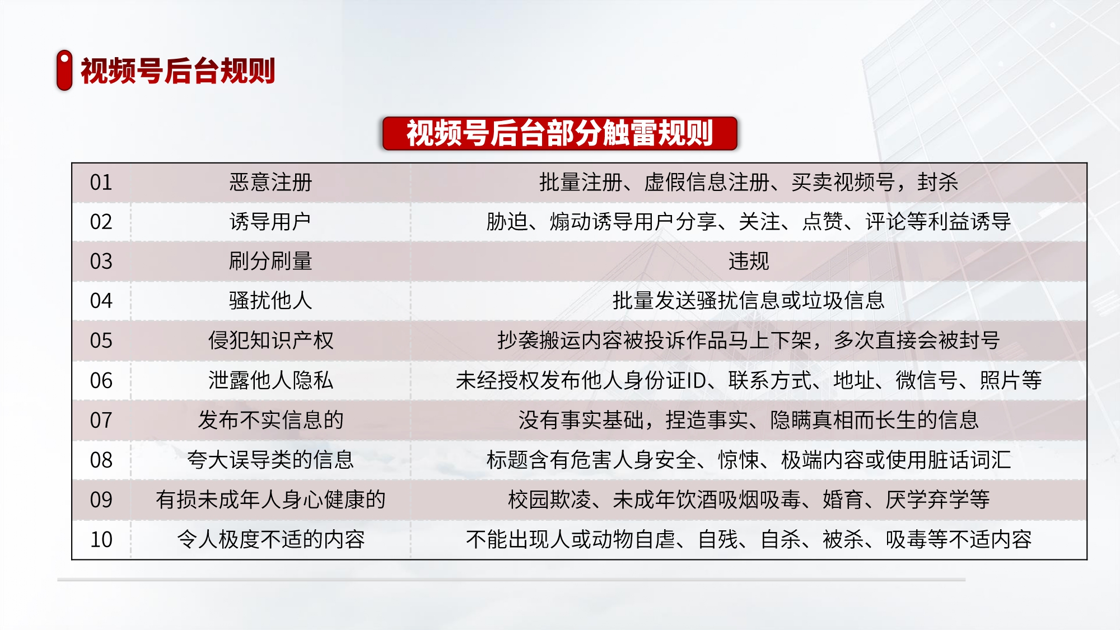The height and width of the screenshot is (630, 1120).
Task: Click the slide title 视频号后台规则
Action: click(x=178, y=71)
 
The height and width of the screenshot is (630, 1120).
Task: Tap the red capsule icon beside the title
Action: click(x=64, y=70)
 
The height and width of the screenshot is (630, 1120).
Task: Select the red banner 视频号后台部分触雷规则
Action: click(x=559, y=133)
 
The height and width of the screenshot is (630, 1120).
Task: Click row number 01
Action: click(x=101, y=183)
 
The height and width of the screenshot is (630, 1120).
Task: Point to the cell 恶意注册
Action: click(x=270, y=183)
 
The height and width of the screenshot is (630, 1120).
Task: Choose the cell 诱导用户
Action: click(x=270, y=222)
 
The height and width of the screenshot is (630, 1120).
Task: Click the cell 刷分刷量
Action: click(x=270, y=261)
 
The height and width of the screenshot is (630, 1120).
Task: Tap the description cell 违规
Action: click(x=749, y=261)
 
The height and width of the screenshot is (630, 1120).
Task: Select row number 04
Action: click(x=101, y=301)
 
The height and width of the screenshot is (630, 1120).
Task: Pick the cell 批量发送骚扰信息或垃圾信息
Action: click(x=749, y=301)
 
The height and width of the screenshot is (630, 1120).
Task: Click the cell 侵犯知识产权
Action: click(x=270, y=340)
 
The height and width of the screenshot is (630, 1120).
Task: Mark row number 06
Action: click(x=101, y=381)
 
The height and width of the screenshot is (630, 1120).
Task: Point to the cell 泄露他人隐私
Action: click(x=270, y=380)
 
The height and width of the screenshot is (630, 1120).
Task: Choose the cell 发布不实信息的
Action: click(x=270, y=420)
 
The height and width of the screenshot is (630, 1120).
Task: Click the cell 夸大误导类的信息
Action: click(x=270, y=460)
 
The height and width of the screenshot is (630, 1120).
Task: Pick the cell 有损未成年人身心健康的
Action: click(x=270, y=500)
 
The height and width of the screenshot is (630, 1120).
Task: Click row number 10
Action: click(x=101, y=540)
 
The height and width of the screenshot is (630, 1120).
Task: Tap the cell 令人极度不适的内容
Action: click(x=270, y=539)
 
